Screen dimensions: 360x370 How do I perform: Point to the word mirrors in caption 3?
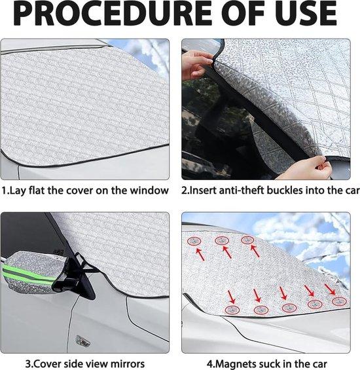tap(125, 363)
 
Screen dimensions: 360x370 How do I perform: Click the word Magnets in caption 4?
tap(233, 363)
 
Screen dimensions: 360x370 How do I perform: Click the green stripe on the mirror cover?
tap(28, 275)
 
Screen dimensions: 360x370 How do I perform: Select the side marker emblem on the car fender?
tap(83, 341)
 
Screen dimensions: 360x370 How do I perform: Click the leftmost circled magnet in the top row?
tap(194, 241)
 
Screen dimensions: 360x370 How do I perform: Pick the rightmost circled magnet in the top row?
tap(247, 240)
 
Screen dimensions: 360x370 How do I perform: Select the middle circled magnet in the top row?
tap(222, 241)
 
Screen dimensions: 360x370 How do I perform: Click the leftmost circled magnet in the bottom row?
tap(232, 310)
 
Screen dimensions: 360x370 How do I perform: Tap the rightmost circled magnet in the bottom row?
tap(340, 301)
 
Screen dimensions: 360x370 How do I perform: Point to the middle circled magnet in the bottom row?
tap(289, 308)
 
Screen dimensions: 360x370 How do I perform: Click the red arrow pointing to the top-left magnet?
tap(200, 254)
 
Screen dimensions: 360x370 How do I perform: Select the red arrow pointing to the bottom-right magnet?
tap(330, 289)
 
